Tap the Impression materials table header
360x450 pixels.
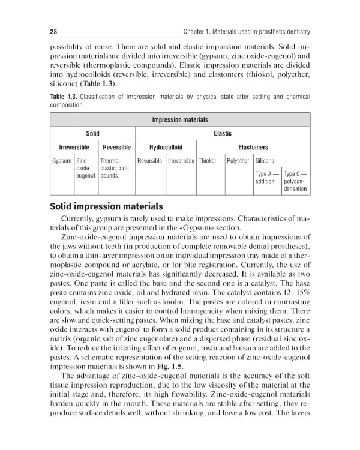click(x=180, y=119)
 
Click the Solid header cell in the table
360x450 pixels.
click(x=92, y=133)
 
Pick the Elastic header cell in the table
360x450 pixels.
click(x=223, y=133)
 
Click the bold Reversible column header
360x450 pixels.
click(x=116, y=147)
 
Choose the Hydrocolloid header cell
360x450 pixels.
click(x=165, y=147)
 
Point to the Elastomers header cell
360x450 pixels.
click(x=252, y=147)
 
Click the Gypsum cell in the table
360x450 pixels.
click(x=62, y=161)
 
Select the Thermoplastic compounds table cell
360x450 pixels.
click(x=116, y=169)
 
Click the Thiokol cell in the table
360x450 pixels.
click(x=208, y=161)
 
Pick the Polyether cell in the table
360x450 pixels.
click(x=238, y=161)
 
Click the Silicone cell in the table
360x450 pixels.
click(x=265, y=161)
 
